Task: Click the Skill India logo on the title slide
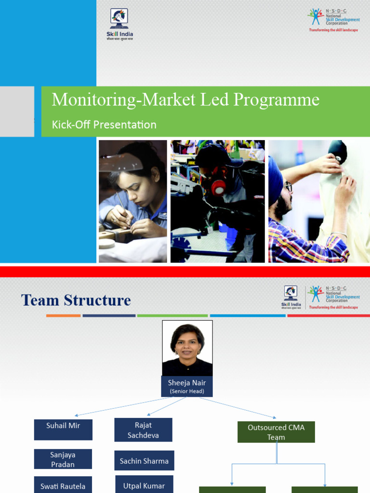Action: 119,24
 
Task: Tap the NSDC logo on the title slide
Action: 333,20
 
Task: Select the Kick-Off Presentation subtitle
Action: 104,125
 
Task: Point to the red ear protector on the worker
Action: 219,188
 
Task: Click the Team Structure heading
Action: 76,300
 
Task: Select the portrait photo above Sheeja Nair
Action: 187,348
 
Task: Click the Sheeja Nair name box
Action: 187,387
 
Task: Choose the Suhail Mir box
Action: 63,429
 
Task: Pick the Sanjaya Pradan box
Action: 63,459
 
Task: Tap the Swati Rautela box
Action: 63,485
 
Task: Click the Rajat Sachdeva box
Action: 143,430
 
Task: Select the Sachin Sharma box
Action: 144,461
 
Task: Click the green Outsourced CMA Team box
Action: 276,432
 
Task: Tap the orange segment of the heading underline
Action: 63,316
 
